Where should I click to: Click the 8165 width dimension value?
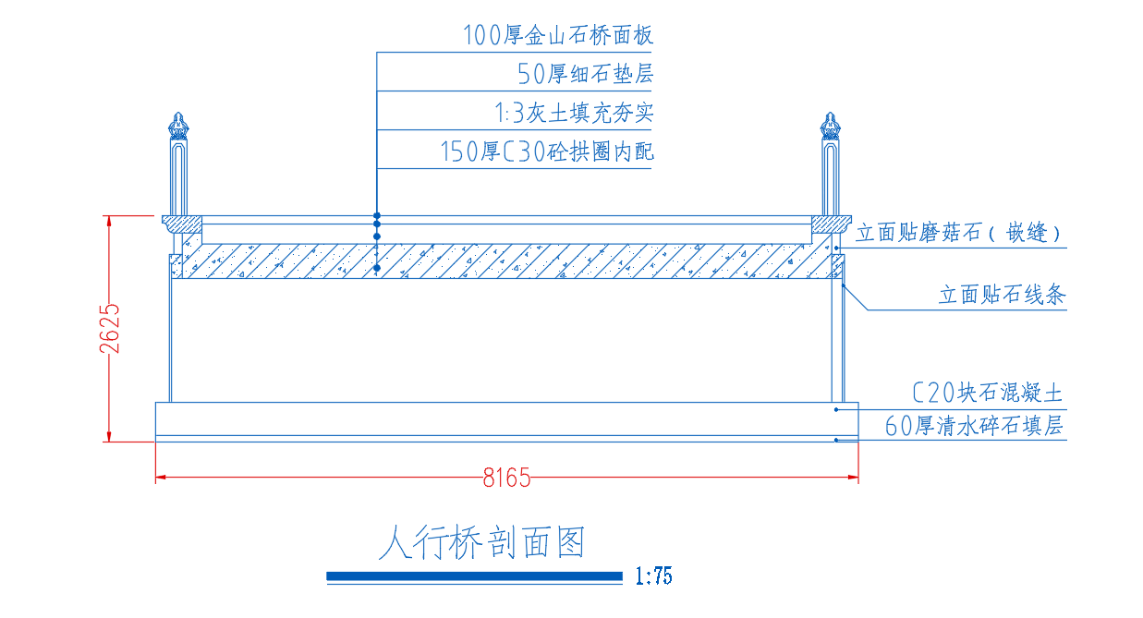pyautogui.click(x=506, y=478)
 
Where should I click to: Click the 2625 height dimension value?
pyautogui.click(x=110, y=329)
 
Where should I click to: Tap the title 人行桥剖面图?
pyautogui.click(x=481, y=542)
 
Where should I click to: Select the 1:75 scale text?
pyautogui.click(x=653, y=576)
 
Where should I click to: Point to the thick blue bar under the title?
pyautogui.click(x=475, y=576)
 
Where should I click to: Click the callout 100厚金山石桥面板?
pyautogui.click(x=558, y=35)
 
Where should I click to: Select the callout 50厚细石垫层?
pyautogui.click(x=585, y=74)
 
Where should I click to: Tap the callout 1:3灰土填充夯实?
pyautogui.click(x=574, y=113)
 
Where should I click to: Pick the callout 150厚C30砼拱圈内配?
pyautogui.click(x=547, y=151)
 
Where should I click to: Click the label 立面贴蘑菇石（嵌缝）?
pyautogui.click(x=958, y=233)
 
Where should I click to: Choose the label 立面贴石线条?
pyautogui.click(x=1003, y=295)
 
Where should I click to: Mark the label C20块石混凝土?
pyautogui.click(x=988, y=393)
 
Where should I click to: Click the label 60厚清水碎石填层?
pyautogui.click(x=974, y=426)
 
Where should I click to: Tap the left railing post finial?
pyautogui.click(x=178, y=126)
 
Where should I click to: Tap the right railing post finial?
pyautogui.click(x=830, y=126)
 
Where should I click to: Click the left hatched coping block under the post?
pyautogui.click(x=182, y=224)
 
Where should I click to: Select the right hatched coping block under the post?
pyautogui.click(x=832, y=224)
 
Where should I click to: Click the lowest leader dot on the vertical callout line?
pyautogui.click(x=377, y=268)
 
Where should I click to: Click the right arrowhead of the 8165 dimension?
pyautogui.click(x=853, y=478)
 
